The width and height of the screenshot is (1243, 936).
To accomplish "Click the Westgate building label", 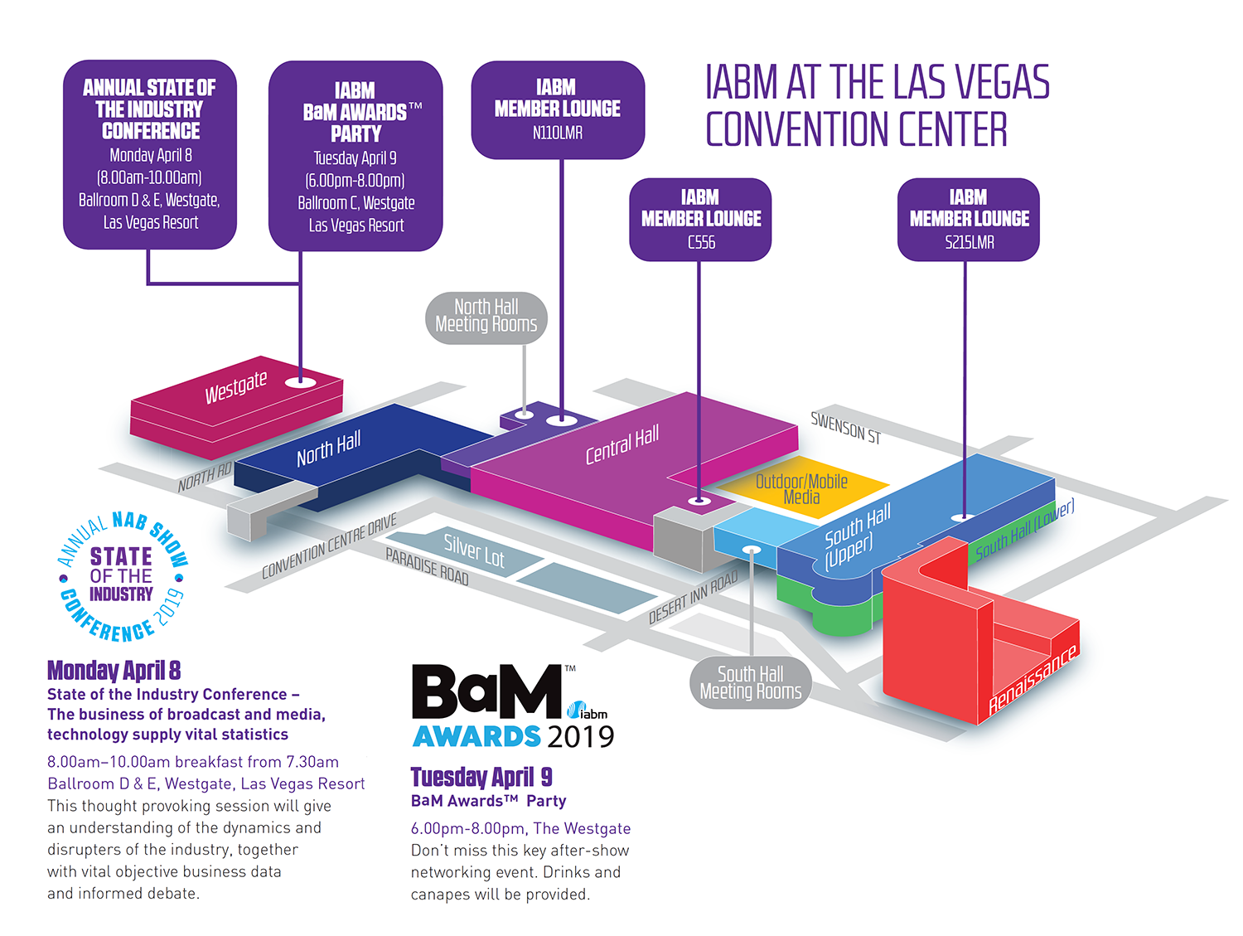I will coord(236,386).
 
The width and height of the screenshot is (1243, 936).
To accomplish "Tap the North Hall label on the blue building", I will coord(328,449).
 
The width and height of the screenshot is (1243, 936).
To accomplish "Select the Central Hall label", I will coord(621,444).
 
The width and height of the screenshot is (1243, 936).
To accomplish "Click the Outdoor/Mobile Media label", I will coord(801,489).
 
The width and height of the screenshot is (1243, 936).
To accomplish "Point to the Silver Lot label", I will coord(473,550).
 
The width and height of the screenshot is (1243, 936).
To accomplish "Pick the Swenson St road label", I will coord(845,428).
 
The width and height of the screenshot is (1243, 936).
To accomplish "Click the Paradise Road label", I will coord(427,566).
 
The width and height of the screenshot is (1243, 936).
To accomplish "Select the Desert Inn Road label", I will coord(693,598).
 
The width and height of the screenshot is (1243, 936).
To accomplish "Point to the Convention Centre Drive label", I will coord(329,546).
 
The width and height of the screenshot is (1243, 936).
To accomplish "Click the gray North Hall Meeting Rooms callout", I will coord(486,317).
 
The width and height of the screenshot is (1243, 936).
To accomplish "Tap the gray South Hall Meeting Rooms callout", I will coord(751,682).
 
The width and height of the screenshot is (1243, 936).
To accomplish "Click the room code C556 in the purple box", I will coord(701,242).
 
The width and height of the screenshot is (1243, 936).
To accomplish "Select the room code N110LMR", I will coord(558,133).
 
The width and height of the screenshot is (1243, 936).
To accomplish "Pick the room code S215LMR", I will coord(969,242).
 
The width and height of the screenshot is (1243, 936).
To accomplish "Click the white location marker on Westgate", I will coord(300,382).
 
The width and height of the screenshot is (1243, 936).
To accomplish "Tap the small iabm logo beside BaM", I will coord(588,711).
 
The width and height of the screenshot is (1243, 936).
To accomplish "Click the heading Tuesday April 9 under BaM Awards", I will coord(481,777).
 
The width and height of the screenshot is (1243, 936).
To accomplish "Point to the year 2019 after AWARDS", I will coord(580,736).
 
